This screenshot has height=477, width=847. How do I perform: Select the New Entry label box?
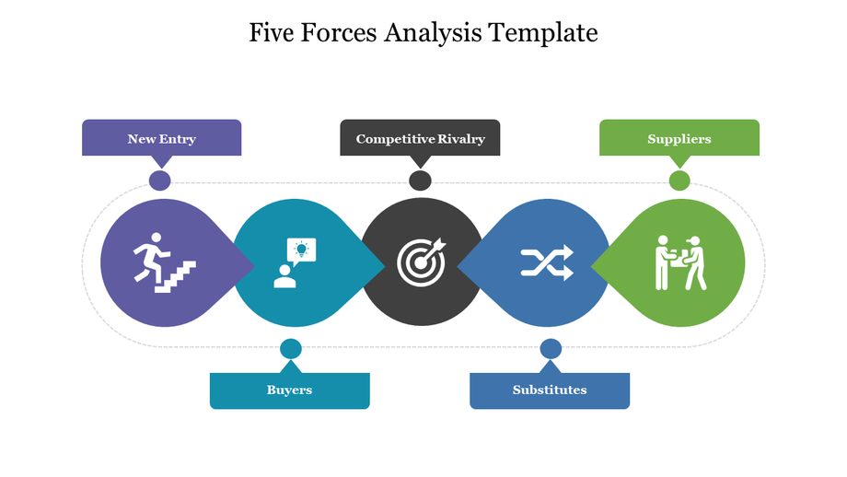[162, 138]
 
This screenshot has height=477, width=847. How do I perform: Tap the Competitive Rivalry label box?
[420, 138]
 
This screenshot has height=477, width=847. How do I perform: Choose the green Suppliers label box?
[679, 138]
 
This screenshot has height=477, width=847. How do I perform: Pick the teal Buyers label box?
[289, 390]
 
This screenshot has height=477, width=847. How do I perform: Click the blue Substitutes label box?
[550, 390]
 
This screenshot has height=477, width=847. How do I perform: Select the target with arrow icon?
[422, 262]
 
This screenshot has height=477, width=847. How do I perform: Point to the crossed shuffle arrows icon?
[547, 262]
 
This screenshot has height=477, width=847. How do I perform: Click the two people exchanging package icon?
[679, 262]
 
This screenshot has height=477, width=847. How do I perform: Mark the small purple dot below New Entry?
[160, 180]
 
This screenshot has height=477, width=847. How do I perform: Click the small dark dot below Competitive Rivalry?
[420, 180]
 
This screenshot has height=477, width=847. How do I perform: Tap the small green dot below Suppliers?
[679, 180]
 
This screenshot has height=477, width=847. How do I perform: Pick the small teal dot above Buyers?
[291, 348]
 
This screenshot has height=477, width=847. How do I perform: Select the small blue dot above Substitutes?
[551, 348]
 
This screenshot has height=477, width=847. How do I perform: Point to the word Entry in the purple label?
[178, 139]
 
